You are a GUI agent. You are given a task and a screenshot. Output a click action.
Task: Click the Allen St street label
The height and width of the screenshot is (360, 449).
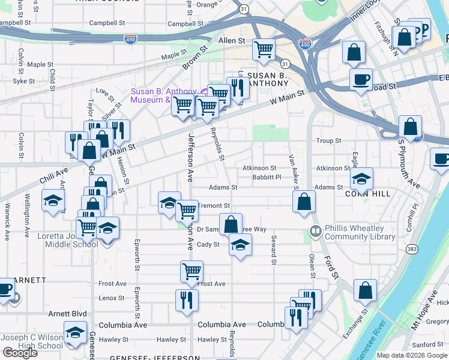[x=232, y=41]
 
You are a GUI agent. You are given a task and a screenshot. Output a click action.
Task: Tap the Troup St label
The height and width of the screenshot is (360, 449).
[x=328, y=141]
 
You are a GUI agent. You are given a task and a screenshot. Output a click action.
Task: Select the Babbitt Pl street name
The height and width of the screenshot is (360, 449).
[x=267, y=177]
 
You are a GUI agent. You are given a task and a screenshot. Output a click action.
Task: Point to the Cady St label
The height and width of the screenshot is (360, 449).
[x=208, y=244]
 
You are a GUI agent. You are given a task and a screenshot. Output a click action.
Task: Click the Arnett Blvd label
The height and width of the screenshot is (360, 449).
[x=67, y=313]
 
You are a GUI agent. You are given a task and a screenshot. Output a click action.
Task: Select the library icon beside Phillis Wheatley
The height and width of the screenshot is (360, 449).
[x=315, y=230]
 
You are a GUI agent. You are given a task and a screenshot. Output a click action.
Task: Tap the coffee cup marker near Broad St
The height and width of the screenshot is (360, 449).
[x=361, y=80]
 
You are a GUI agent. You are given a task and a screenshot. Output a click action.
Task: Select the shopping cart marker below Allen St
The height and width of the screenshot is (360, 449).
[x=264, y=50]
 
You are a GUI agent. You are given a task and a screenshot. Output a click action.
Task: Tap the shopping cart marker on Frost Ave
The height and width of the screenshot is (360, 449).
[x=191, y=271]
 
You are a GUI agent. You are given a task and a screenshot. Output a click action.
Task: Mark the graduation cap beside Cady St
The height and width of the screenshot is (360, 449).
[x=240, y=245]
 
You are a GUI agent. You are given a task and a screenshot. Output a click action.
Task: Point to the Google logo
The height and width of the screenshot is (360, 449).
[x=20, y=353]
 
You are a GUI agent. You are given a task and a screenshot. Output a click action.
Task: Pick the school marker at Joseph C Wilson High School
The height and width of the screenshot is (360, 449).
[x=75, y=333]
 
